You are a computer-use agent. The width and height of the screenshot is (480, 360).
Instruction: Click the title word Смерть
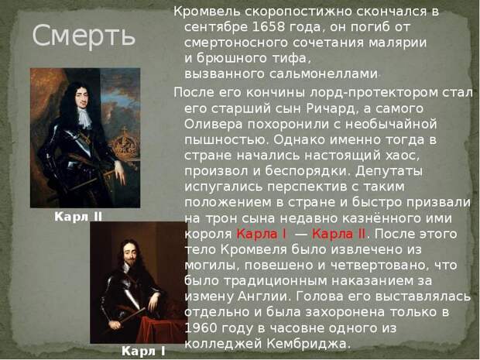tap(84, 36)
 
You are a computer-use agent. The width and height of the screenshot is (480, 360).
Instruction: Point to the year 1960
tap(201, 327)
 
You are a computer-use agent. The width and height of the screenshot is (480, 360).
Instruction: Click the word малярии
tap(397, 43)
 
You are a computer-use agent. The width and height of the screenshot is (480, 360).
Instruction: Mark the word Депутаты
tap(389, 171)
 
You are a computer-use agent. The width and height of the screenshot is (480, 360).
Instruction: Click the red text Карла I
tap(262, 234)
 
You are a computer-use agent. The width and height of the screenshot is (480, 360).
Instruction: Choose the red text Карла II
tap(338, 234)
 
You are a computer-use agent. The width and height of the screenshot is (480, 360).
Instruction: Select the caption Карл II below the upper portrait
tap(78, 217)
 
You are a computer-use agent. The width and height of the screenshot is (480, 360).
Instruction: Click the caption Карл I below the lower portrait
tap(143, 351)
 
